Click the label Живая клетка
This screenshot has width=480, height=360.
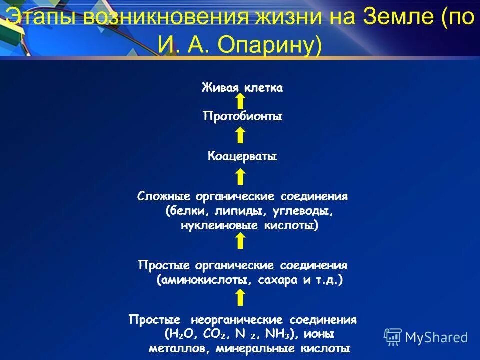click(242, 88)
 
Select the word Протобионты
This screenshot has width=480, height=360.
click(243, 117)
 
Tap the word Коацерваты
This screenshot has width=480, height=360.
click(242, 157)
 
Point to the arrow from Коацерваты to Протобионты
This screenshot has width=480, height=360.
click(240, 135)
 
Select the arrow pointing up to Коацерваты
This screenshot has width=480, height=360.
click(240, 176)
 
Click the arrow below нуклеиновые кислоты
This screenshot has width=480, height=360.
click(240, 241)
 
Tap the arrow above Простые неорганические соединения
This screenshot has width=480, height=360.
click(240, 298)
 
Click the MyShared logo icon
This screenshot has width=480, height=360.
click(393, 336)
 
